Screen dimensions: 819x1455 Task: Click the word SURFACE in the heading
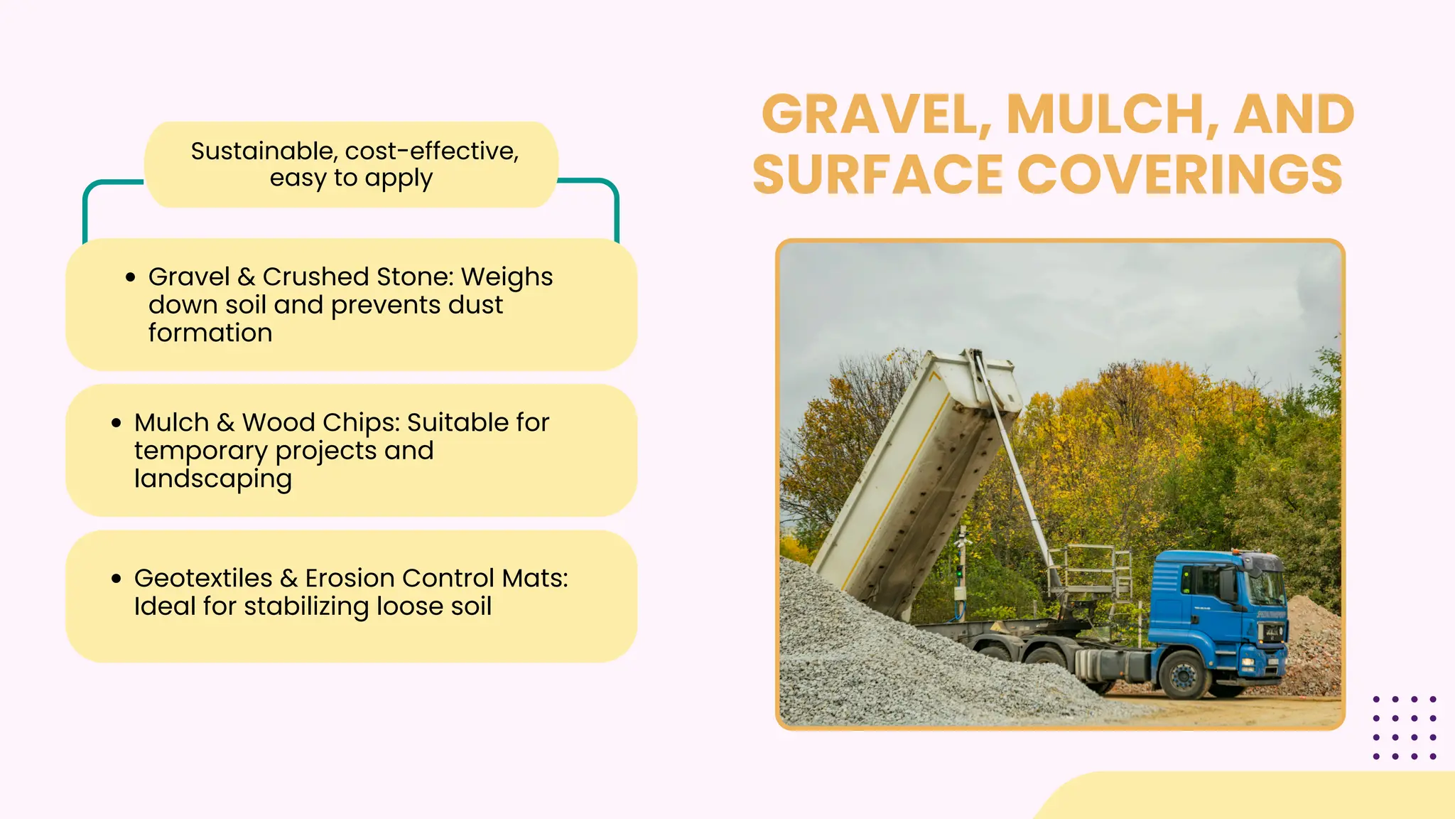coord(877,175)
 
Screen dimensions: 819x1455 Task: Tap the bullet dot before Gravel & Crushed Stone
coord(130,277)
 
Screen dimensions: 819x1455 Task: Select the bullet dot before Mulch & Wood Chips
coord(117,423)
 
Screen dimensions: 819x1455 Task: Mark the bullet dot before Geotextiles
coord(117,579)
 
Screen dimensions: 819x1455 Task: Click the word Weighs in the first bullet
coord(507,277)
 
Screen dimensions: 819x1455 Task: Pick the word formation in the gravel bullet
coord(210,333)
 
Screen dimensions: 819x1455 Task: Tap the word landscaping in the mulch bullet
coord(213,479)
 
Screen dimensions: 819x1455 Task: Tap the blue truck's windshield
coord(1265,587)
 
